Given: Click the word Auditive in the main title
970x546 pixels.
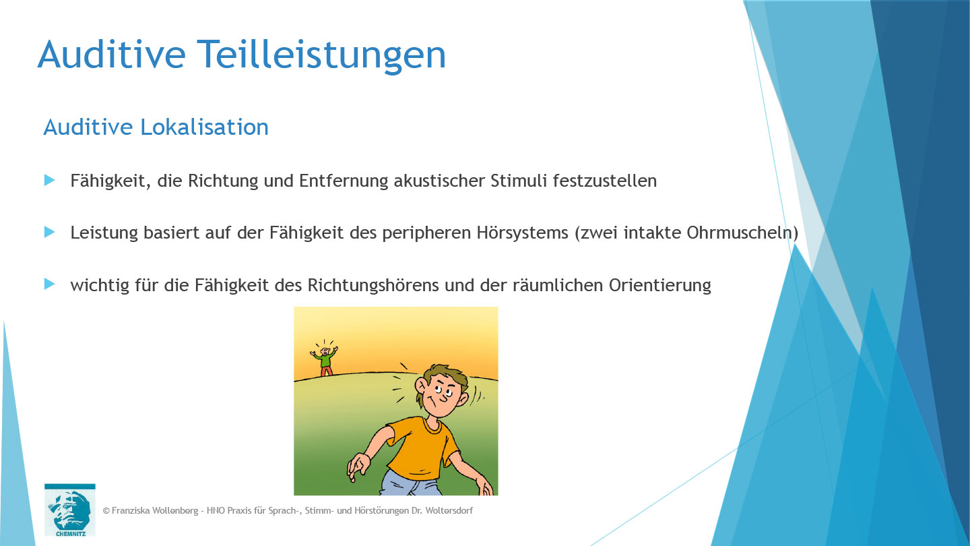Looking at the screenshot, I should tap(110, 54).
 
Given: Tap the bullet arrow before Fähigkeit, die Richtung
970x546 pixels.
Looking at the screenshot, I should tap(49, 180).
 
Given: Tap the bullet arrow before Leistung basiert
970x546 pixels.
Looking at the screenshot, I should tap(49, 232).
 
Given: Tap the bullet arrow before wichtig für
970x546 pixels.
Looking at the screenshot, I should tap(49, 284).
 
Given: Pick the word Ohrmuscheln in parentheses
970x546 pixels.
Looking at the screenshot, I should tap(738, 233).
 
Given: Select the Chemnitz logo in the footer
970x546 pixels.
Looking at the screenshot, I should tap(70, 510).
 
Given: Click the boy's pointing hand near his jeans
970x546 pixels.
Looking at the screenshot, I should tap(358, 465).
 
